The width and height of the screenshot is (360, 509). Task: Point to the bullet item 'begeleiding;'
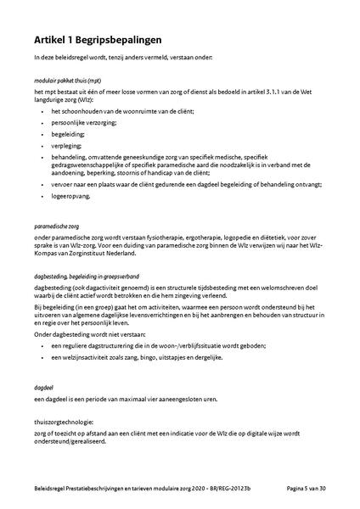tap(67, 133)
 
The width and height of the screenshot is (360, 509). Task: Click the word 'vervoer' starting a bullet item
tap(62, 182)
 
